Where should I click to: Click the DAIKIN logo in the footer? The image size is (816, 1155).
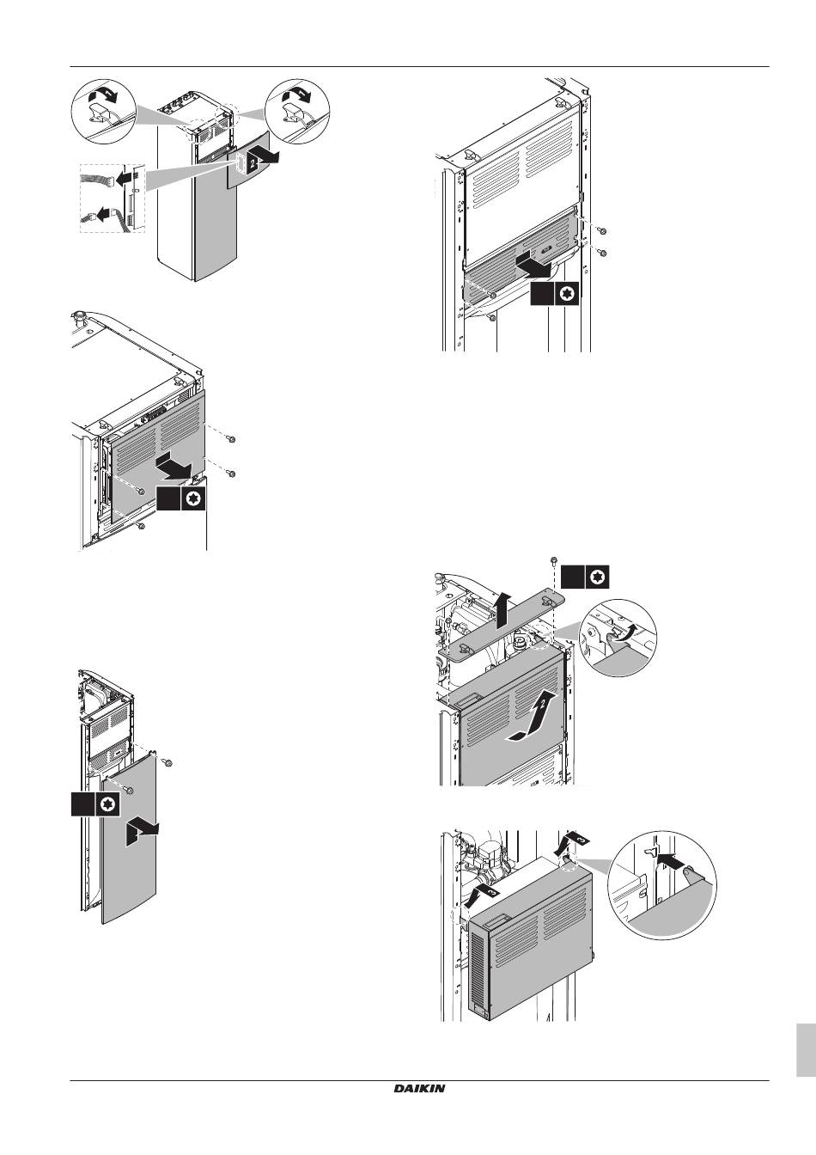[x=419, y=1088]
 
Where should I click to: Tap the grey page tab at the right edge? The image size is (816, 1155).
[x=806, y=1049]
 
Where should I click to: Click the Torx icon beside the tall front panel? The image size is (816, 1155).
[x=107, y=804]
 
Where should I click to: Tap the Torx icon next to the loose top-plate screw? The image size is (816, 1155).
[x=598, y=577]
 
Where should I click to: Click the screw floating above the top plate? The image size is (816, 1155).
[x=554, y=562]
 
